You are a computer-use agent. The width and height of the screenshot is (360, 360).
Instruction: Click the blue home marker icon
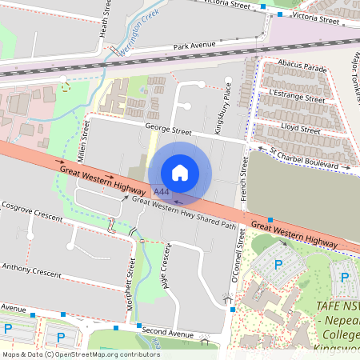[180, 172]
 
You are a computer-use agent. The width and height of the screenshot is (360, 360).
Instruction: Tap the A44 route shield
[162, 192]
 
